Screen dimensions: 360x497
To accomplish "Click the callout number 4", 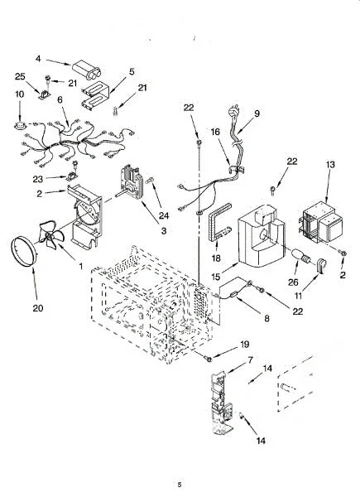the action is coord(38,59).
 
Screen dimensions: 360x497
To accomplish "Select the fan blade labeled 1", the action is coord(51,235).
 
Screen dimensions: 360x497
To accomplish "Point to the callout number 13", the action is coord(330,165).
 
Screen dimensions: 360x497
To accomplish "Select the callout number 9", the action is coord(257,113).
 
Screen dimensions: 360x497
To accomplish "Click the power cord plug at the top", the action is coord(233,111).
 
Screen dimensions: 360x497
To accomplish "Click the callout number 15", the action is coord(215,277).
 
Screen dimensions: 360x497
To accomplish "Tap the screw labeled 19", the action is coord(209,359).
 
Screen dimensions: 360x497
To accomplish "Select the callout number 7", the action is coord(251,360).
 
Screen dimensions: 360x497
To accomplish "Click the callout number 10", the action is coord(19,94).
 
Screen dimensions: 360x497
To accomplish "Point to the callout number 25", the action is coord(20,77).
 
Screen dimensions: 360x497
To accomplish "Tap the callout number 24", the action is coord(164,216).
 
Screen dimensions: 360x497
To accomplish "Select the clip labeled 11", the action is coord(322,266).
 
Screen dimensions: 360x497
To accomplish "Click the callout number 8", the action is coord(267,318).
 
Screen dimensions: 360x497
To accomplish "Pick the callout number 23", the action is coord(38,180).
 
